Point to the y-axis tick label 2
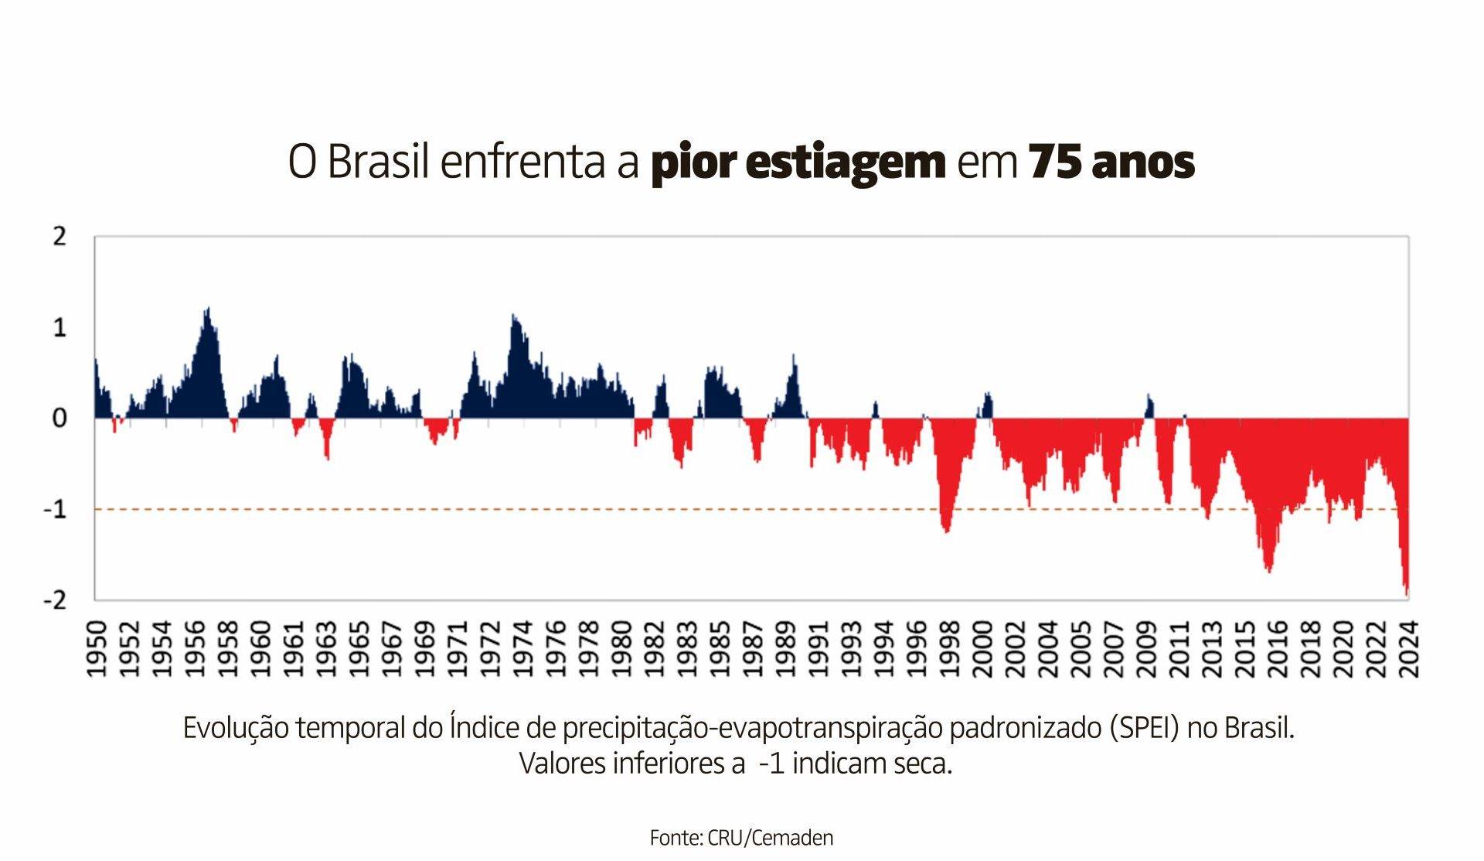click(x=60, y=237)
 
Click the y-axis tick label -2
click(x=55, y=600)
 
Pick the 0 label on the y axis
click(x=60, y=419)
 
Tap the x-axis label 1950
click(x=96, y=648)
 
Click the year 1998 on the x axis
click(x=949, y=648)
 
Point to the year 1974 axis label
click(x=522, y=648)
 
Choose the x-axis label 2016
click(x=1278, y=648)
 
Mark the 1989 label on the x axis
click(x=785, y=648)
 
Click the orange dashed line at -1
click(x=541, y=509)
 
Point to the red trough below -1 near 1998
click(x=946, y=528)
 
